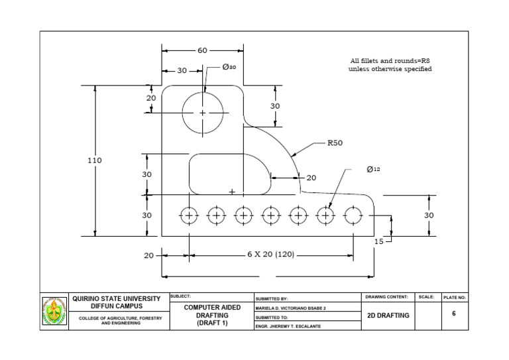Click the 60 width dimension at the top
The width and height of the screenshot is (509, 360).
[x=202, y=50]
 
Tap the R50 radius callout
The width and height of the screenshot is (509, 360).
[x=334, y=142]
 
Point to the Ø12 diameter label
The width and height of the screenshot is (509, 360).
[x=373, y=170]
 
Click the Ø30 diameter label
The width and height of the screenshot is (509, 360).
[x=229, y=67]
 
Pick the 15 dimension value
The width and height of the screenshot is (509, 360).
[x=378, y=242]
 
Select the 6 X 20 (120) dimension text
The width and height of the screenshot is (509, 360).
[x=270, y=255]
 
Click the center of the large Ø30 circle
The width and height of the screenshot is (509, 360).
[x=203, y=113]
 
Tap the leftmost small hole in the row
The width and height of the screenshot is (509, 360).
[x=190, y=215]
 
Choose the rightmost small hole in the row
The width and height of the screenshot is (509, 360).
[x=353, y=215]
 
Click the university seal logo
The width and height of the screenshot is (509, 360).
[x=54, y=312]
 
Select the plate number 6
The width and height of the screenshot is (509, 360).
[x=454, y=313]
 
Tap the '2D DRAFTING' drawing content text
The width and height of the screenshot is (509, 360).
[x=388, y=316]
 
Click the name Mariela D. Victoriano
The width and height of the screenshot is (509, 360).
[x=291, y=308]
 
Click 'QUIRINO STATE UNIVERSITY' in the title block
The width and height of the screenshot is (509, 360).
[x=116, y=299]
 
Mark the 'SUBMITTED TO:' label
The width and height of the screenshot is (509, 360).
[x=272, y=317]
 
